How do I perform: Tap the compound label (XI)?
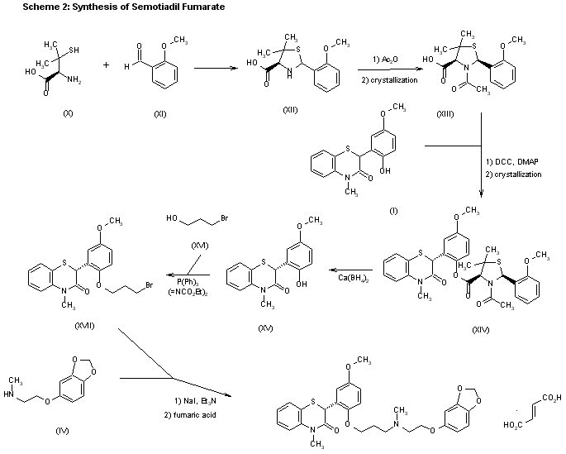coord(160,113)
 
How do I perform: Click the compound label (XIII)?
coord(448,112)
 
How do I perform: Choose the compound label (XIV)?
coord(480,330)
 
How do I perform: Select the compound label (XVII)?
coord(84,325)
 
